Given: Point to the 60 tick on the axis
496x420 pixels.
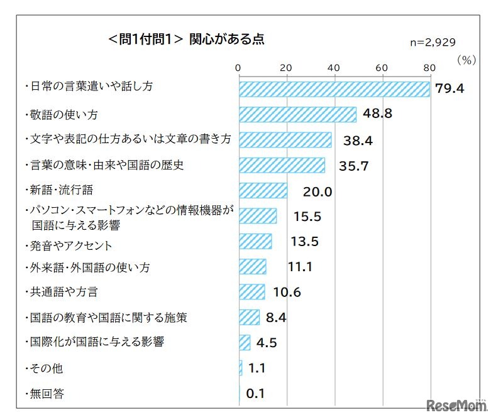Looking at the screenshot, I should click(x=382, y=68).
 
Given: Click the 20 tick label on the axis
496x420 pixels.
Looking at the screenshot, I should click(x=286, y=68).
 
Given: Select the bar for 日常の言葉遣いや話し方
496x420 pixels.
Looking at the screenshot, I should click(x=334, y=89).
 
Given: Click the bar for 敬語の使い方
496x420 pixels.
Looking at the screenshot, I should click(x=297, y=114).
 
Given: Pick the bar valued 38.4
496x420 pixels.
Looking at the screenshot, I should click(x=285, y=140).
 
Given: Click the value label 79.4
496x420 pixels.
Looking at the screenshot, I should click(x=450, y=89).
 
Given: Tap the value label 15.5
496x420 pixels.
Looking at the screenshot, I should click(x=307, y=217).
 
